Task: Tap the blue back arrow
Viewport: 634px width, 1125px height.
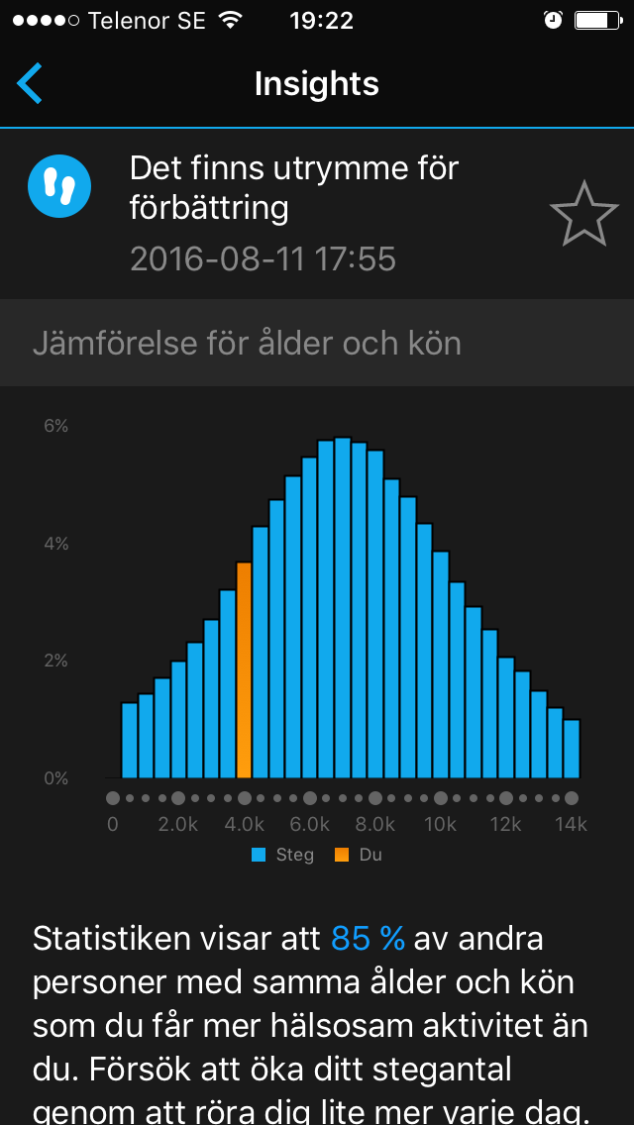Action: point(30,83)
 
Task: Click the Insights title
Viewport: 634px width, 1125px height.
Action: point(316,83)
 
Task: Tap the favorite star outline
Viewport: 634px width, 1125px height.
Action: point(583,214)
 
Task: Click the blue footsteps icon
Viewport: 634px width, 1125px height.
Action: point(59,184)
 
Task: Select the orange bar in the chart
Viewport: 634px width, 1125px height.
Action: point(244,669)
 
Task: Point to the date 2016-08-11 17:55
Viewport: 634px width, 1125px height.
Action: point(263,258)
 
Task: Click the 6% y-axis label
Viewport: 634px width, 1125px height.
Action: point(55,426)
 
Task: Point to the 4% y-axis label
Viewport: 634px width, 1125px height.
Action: point(55,544)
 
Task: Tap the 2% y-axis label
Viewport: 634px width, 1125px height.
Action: point(55,661)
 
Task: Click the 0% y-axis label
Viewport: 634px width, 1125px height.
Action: point(55,778)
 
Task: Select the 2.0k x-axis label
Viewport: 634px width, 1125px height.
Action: point(178,825)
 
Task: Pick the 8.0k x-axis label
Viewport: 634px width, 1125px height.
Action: point(374,825)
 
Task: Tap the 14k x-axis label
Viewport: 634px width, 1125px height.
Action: point(571,825)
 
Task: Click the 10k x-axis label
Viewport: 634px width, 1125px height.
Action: point(440,825)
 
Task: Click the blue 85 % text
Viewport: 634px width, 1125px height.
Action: point(368,938)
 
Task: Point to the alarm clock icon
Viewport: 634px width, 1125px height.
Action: point(553,20)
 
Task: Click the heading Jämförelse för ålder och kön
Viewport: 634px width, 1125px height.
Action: point(247,344)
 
